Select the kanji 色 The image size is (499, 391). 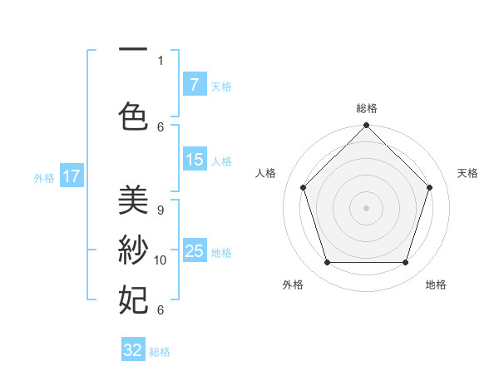(133, 116)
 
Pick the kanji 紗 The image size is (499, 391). (133, 249)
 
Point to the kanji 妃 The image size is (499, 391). (133, 298)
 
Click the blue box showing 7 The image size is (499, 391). (194, 85)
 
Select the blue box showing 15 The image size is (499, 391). (194, 160)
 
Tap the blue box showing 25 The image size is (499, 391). (194, 251)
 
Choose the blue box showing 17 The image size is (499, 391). (72, 176)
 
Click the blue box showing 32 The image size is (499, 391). (133, 350)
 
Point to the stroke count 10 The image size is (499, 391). (161, 260)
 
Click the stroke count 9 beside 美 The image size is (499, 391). (161, 211)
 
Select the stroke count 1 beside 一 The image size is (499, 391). (161, 61)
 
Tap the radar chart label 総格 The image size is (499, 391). (367, 108)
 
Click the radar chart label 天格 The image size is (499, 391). (468, 173)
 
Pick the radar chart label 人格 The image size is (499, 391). (266, 173)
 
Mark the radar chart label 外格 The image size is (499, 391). (293, 285)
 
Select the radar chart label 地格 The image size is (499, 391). (436, 285)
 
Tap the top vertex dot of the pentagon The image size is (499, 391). (366, 126)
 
